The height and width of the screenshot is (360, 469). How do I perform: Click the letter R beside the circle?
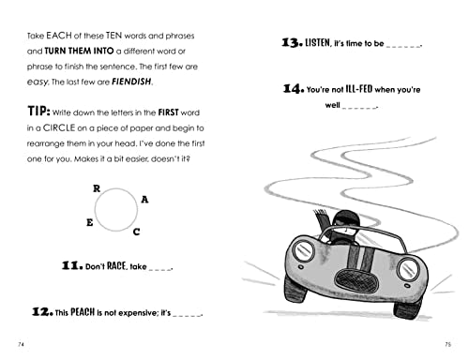[x=97, y=188]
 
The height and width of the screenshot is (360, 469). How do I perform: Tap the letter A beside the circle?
[x=144, y=200]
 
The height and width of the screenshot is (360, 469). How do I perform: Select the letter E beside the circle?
[x=90, y=222]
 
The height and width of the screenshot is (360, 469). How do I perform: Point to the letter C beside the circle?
[x=136, y=232]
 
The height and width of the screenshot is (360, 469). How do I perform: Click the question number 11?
[x=72, y=266]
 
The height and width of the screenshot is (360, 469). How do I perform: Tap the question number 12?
[x=42, y=312]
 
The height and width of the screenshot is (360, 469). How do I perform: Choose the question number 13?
[x=292, y=42]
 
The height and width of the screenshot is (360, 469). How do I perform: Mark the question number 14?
[x=294, y=89]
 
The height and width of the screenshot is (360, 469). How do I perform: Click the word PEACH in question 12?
[x=83, y=312]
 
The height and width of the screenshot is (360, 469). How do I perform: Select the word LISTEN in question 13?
[x=318, y=42]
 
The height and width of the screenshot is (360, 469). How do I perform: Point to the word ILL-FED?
[x=359, y=89]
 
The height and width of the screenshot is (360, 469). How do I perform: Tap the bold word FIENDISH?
[x=131, y=82]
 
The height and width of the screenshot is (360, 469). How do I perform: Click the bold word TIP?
[x=38, y=111]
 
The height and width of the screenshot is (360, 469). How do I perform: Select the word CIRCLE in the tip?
[x=59, y=127]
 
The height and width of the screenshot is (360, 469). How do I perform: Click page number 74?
[x=21, y=344]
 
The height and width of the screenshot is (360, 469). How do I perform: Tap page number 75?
[x=447, y=344]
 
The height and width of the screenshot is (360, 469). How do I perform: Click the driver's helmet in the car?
[x=346, y=218]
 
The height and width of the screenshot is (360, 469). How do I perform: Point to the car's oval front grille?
[x=356, y=280]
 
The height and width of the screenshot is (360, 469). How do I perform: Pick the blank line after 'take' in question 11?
[x=160, y=269]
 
